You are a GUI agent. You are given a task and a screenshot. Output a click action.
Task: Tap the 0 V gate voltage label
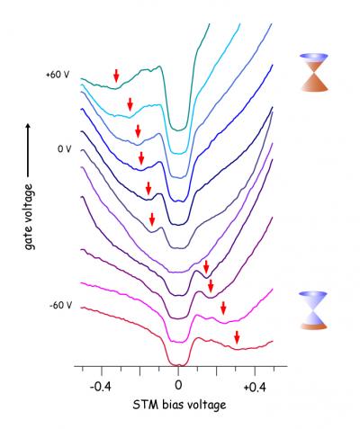[64, 149]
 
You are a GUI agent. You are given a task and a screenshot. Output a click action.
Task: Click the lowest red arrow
[237, 338]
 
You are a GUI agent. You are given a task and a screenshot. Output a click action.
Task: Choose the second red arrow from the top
[130, 104]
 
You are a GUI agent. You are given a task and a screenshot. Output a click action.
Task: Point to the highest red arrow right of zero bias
[206, 266]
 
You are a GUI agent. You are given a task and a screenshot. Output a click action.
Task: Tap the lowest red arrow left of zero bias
[153, 219]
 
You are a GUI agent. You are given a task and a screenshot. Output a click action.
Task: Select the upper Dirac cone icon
[318, 72]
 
